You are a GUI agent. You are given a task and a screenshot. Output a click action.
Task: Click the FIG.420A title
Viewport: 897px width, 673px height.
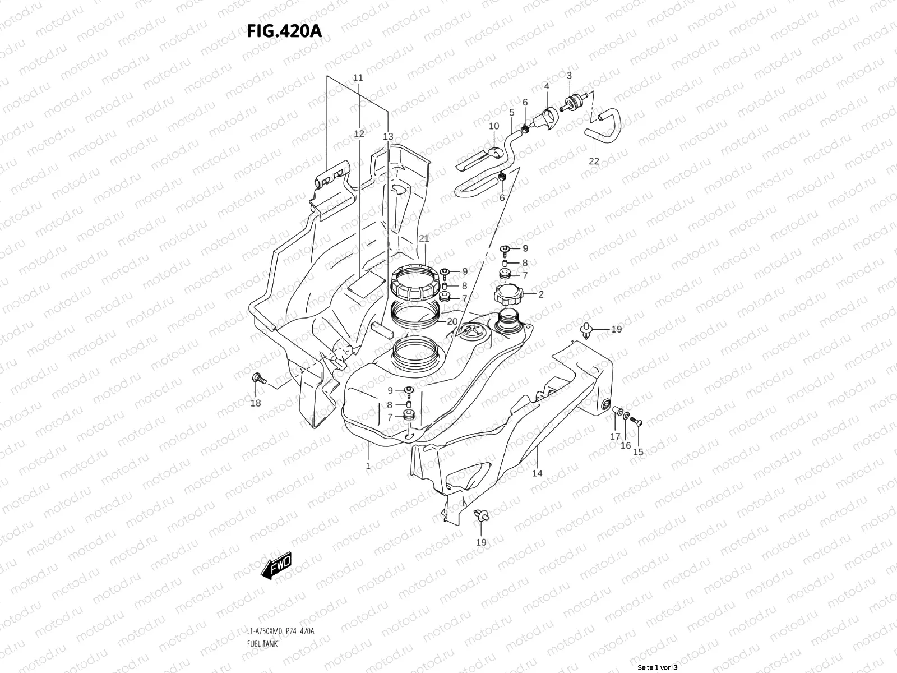click(x=284, y=31)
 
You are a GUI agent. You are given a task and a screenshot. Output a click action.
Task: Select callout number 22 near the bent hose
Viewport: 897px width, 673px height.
click(x=594, y=161)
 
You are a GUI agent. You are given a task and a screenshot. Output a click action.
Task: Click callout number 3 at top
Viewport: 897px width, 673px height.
click(x=568, y=75)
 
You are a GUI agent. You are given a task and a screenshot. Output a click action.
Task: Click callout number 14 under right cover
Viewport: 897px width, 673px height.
click(x=537, y=473)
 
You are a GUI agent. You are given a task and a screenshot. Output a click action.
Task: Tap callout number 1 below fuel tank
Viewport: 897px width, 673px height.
click(x=368, y=465)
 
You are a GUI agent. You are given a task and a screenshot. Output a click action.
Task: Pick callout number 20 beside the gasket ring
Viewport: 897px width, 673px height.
click(x=452, y=321)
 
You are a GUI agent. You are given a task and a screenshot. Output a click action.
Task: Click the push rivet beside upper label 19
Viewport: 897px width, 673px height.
click(x=585, y=331)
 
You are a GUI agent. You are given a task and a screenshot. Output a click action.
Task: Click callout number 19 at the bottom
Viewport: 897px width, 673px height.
click(x=481, y=542)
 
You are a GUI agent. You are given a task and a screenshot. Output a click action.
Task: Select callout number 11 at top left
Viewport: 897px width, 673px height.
click(x=358, y=77)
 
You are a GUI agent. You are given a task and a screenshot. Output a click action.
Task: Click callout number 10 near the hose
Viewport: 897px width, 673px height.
click(x=493, y=126)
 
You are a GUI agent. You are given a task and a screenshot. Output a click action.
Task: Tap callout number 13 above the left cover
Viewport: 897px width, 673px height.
click(x=388, y=136)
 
